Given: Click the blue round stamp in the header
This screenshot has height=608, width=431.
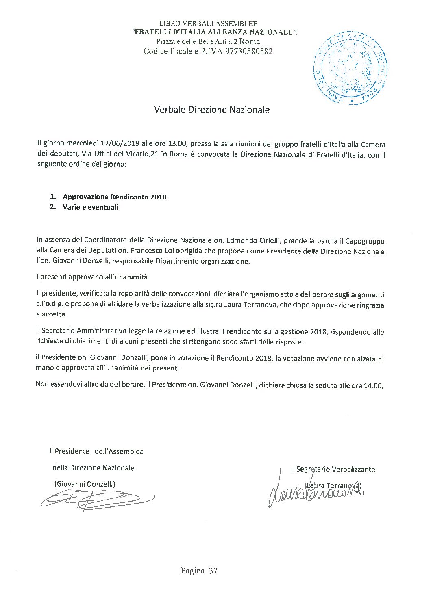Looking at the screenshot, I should (x=350, y=69).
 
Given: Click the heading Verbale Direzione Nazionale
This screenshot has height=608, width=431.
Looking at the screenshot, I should (x=211, y=110).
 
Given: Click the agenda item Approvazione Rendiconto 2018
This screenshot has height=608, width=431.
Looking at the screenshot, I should (x=115, y=197).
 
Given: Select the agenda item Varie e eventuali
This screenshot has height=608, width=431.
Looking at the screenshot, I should (x=92, y=207).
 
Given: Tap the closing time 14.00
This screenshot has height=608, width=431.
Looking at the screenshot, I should (x=373, y=385).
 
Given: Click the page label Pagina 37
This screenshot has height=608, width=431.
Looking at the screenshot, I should (x=199, y=571).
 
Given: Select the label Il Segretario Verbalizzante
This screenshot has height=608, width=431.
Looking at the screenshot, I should (x=333, y=470).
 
